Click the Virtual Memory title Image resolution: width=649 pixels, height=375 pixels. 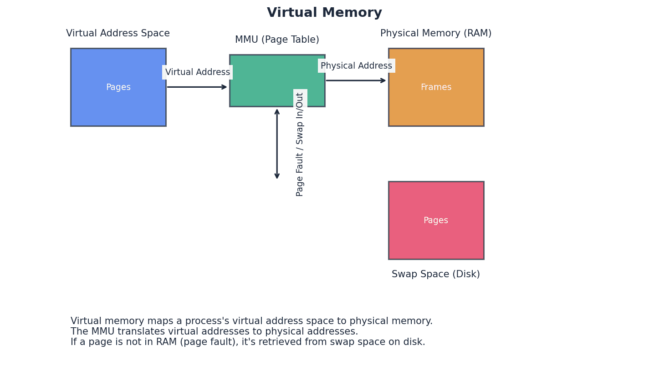[324, 13]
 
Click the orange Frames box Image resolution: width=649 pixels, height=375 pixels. [436, 107]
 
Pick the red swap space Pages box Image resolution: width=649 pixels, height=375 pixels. [436, 241]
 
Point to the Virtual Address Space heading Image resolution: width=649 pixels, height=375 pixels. [118, 34]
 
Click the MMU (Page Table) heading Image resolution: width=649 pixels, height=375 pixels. [277, 40]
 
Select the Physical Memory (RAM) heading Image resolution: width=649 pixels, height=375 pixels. [436, 34]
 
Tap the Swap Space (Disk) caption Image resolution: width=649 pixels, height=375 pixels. [436, 275]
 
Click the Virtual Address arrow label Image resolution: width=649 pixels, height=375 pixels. [197, 72]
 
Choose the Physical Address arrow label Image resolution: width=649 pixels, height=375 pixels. [356, 66]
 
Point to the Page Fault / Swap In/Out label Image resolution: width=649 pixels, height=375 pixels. [300, 144]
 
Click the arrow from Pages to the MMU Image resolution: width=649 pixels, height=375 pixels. [197, 87]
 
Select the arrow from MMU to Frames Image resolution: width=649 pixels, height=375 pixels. [356, 80]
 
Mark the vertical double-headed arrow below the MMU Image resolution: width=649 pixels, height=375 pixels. [277, 144]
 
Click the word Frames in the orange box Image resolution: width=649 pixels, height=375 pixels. [436, 87]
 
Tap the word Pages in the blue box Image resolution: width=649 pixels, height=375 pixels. [118, 87]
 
